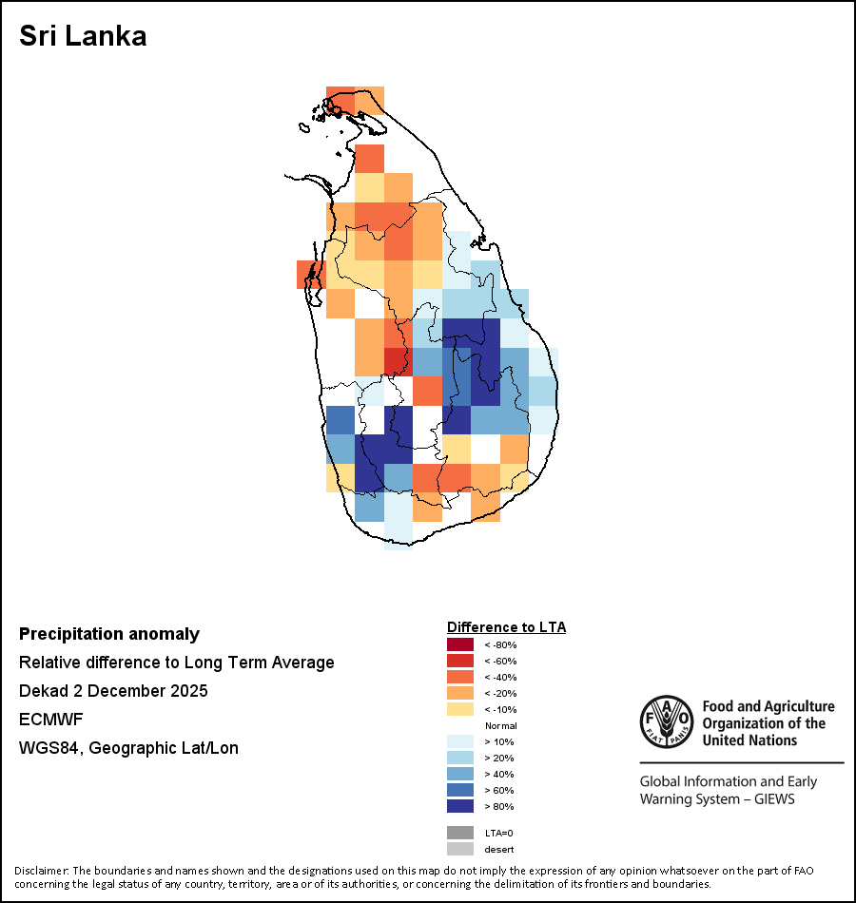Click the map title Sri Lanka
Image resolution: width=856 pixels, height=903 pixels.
tap(83, 37)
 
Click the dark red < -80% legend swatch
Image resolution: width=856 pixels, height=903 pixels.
tap(460, 644)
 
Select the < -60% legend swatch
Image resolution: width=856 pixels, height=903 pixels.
tap(460, 661)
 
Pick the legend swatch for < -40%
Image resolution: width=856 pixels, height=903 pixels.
tap(460, 677)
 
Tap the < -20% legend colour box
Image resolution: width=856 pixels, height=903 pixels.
tap(460, 693)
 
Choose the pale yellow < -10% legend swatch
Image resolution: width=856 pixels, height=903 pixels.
tap(460, 709)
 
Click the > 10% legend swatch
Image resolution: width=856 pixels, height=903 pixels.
tap(460, 741)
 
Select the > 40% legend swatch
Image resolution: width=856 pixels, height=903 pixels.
tap(460, 774)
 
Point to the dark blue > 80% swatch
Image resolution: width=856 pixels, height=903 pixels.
tap(460, 806)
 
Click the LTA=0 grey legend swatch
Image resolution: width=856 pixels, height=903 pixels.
tap(460, 833)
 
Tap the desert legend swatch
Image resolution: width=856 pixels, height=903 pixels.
tap(460, 849)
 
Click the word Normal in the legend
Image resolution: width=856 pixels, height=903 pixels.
tap(500, 725)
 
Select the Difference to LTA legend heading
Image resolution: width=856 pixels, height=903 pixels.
tap(506, 627)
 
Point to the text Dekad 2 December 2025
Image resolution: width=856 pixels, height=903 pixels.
tap(113, 690)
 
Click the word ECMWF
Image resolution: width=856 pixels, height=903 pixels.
tap(51, 720)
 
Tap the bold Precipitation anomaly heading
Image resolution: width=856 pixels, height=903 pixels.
tap(109, 634)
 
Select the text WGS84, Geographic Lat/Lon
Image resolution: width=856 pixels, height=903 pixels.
tap(128, 748)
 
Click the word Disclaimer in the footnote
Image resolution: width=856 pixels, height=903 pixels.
tap(41, 871)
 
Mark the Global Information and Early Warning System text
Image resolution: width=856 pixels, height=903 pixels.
tap(728, 790)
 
